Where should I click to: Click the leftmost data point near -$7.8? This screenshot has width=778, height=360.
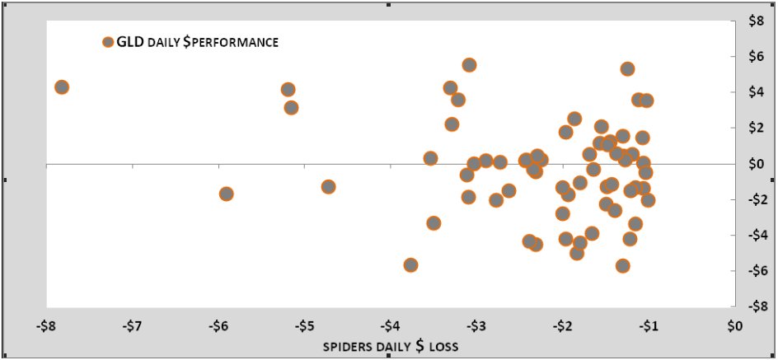coord(61,87)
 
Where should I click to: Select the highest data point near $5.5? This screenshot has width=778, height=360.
coord(469,65)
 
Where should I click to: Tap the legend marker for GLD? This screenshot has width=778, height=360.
coord(107,42)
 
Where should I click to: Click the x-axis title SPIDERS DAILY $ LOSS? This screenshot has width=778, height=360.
coord(390,345)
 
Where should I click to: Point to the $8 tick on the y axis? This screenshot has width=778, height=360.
coord(756,21)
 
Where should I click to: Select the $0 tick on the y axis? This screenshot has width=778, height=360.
coord(756,164)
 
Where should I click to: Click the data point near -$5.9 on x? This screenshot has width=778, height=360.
coord(226,194)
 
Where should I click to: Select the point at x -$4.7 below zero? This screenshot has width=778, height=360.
coord(328,187)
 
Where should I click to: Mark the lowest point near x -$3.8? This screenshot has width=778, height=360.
coord(410,265)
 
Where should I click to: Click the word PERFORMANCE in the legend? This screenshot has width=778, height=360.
coord(240,42)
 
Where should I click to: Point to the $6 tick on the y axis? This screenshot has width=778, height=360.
coord(756,57)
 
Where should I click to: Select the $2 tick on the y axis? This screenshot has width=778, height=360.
coord(756,128)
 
